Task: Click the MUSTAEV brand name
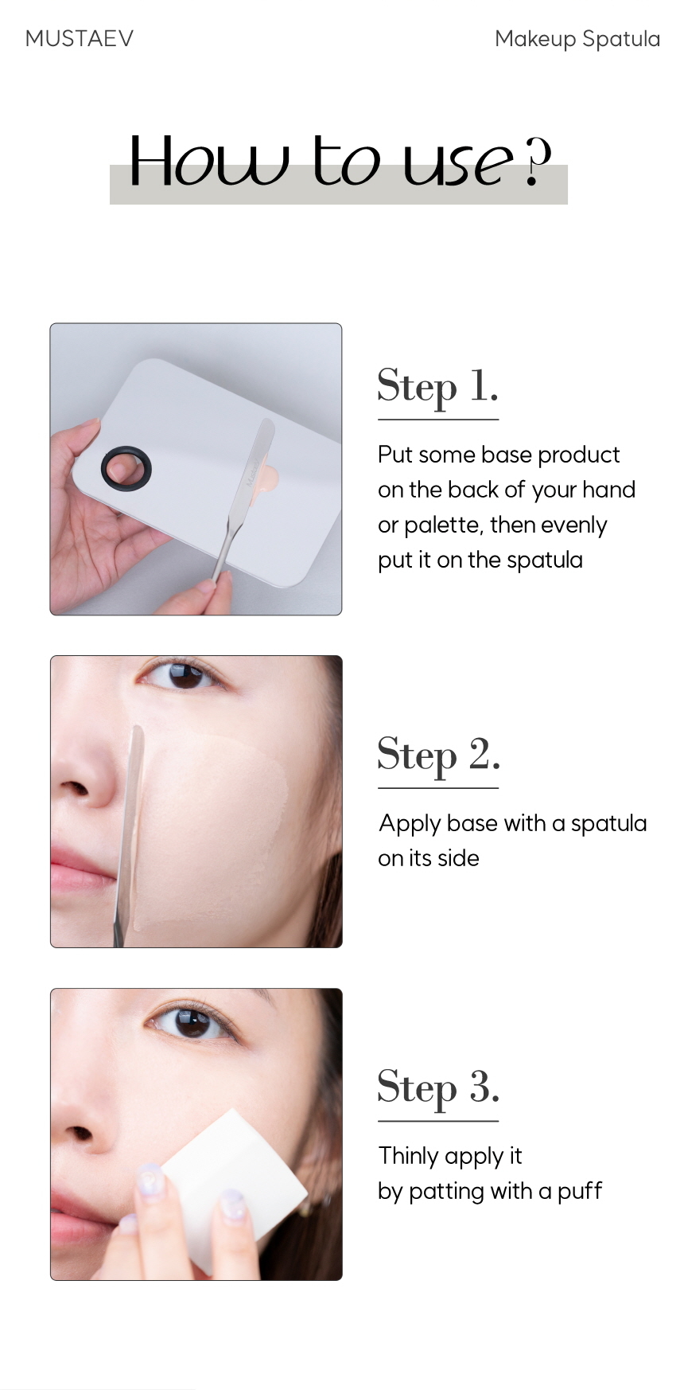point(80,38)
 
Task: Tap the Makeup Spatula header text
point(577,39)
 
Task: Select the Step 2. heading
point(438,755)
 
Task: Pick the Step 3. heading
point(438,1087)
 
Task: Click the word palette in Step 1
point(441,525)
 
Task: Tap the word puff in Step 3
point(580,1191)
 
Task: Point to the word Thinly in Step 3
point(408,1156)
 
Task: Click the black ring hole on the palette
point(126,467)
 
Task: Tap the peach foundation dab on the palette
point(269,478)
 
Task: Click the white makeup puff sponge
point(235,1178)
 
